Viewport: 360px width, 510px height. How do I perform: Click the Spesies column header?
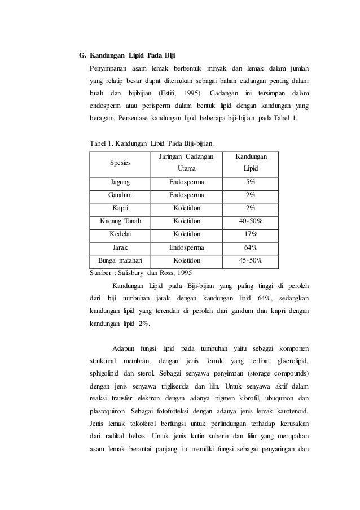point(120,162)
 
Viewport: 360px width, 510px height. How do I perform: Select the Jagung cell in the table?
point(120,183)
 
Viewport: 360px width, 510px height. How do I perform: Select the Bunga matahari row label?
point(120,260)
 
